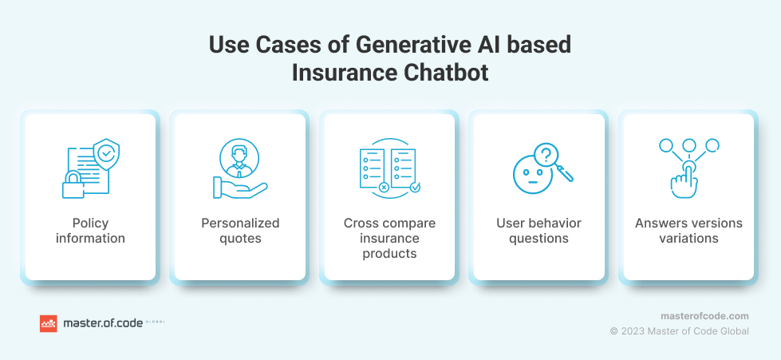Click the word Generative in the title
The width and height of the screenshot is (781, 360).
(412, 45)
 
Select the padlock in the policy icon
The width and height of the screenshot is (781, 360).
(73, 184)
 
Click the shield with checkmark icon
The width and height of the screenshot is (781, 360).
(106, 155)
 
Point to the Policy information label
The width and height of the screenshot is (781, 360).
(90, 231)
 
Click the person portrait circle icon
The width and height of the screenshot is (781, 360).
(239, 159)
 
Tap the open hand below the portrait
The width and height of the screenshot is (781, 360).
(240, 188)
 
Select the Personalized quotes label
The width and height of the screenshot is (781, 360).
(240, 231)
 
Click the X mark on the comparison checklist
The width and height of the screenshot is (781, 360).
(384, 188)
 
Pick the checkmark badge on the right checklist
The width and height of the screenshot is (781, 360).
(415, 188)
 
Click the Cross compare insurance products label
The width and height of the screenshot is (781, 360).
(389, 238)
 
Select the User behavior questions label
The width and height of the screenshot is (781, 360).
(538, 231)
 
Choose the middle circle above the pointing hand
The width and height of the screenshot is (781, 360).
(688, 145)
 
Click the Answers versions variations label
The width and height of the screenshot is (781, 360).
(688, 231)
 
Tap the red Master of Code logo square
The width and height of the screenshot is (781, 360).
(49, 323)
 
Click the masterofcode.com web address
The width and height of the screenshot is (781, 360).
(704, 316)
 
